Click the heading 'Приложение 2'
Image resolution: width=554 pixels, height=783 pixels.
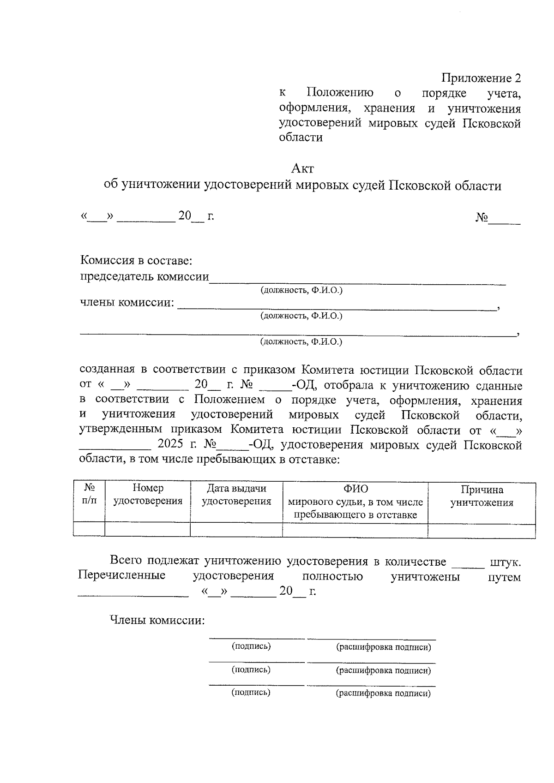click(482, 78)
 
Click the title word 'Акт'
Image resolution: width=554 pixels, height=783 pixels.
click(302, 168)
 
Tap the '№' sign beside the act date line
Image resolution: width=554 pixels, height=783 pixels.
click(482, 217)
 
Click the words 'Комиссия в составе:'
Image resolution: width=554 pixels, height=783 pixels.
click(136, 261)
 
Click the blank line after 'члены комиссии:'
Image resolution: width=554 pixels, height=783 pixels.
click(337, 305)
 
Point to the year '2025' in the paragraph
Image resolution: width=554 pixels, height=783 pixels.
click(171, 445)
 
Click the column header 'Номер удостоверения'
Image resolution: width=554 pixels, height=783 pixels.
click(148, 495)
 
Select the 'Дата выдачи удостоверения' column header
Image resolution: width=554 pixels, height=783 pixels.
click(236, 495)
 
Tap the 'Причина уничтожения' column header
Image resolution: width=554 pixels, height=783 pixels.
click(482, 496)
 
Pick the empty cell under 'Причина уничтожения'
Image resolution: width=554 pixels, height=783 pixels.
click(482, 530)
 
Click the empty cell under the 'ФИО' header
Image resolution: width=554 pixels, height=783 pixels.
click(355, 530)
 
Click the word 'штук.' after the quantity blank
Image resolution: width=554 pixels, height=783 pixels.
click(505, 562)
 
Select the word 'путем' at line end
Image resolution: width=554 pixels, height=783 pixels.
click(504, 577)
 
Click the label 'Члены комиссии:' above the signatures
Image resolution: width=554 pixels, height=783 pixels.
click(157, 620)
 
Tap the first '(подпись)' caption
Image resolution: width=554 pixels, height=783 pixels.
click(251, 646)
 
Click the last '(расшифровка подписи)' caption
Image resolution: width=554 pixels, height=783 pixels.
click(383, 693)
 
